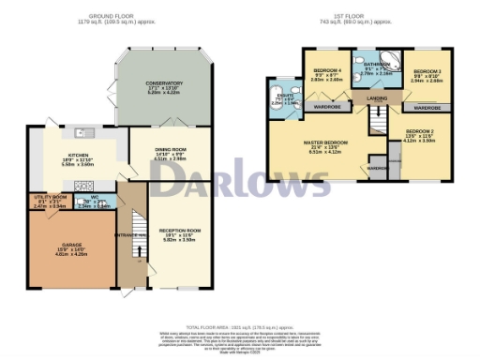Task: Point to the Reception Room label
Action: pos(181,232)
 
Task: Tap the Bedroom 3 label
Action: pos(427,71)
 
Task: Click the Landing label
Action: pos(378,98)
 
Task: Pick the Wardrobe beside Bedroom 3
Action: pos(427,108)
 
